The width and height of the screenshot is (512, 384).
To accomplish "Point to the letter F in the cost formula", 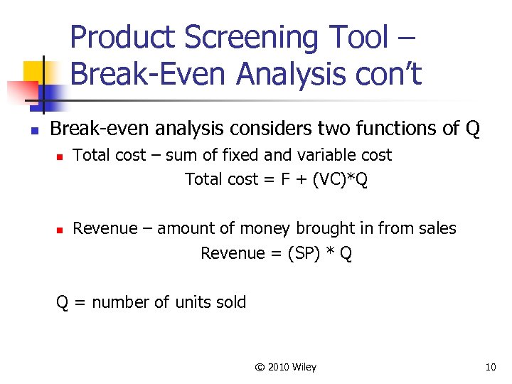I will click(285, 179).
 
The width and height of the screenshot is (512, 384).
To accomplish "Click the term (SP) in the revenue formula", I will click(303, 254).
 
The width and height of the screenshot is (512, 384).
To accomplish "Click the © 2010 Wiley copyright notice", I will click(286, 367).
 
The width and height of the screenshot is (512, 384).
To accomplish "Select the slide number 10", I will click(490, 367).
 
